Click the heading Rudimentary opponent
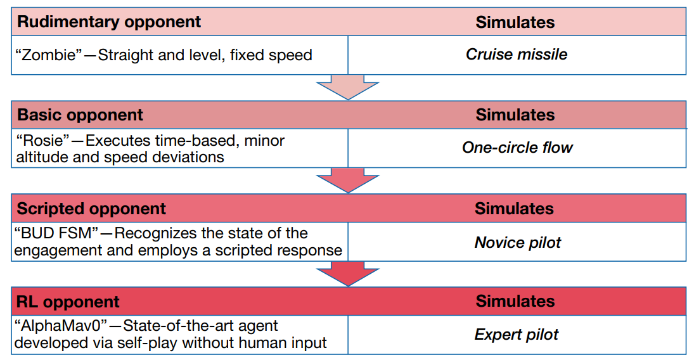click(109, 22)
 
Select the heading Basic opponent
click(80, 115)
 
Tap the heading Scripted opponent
click(91, 209)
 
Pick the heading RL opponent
click(68, 302)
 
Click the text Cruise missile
click(517, 55)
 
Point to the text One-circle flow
click(517, 148)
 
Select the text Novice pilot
click(517, 243)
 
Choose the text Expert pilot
click(517, 335)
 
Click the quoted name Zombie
click(49, 55)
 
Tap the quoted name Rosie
click(42, 141)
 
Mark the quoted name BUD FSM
click(56, 233)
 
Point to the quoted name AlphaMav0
click(61, 326)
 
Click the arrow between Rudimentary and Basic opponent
click(348, 87)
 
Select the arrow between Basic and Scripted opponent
click(348, 180)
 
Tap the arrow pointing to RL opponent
click(348, 273)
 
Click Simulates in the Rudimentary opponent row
click(515, 22)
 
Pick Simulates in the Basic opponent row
click(515, 115)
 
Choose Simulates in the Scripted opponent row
click(514, 209)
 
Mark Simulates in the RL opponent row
click(515, 302)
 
